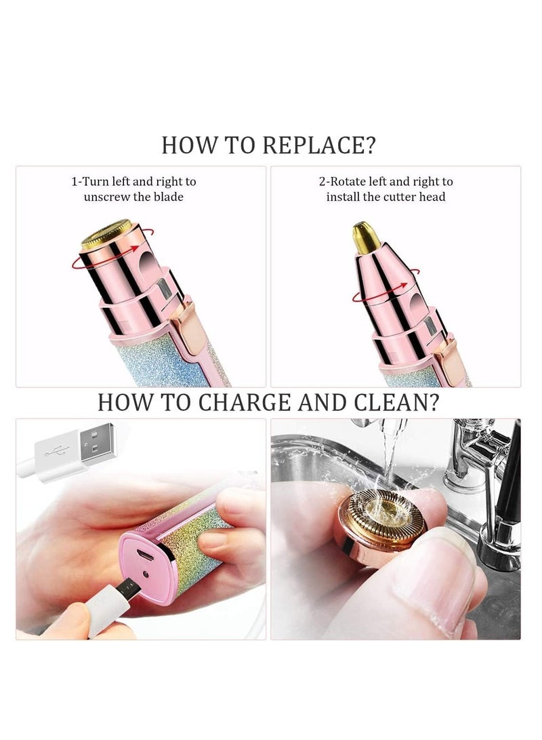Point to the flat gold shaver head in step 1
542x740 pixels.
[106, 233]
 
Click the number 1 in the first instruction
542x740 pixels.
[75, 182]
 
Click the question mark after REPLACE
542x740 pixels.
[369, 145]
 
